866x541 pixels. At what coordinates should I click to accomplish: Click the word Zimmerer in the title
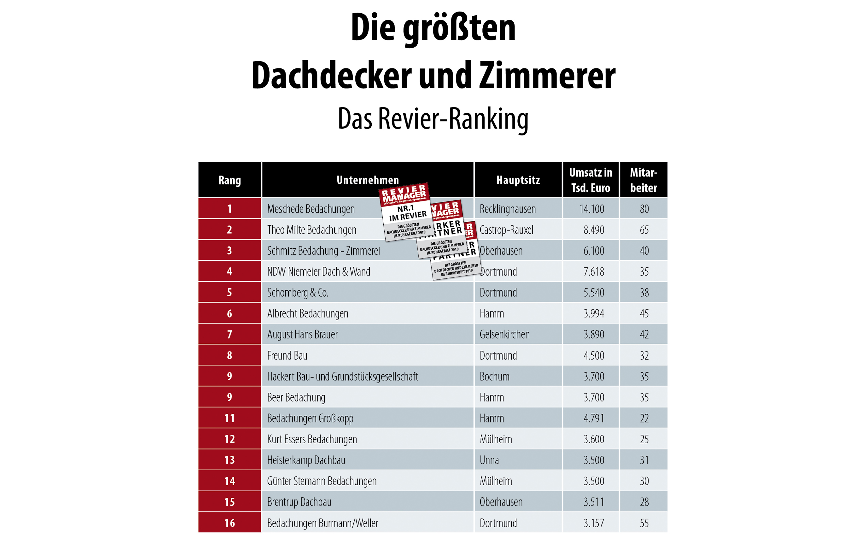click(547, 76)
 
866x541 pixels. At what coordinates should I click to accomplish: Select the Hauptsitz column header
click(518, 180)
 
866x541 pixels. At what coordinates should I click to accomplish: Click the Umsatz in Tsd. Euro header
click(591, 180)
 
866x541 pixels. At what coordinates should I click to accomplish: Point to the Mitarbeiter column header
click(643, 180)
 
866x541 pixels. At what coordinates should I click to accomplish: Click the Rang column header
click(229, 180)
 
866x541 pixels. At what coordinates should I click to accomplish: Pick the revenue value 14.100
click(592, 209)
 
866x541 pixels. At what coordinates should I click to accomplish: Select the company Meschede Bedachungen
click(310, 209)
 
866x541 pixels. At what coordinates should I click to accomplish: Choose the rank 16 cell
click(229, 523)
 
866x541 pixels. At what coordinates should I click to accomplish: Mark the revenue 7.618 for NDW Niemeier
click(594, 272)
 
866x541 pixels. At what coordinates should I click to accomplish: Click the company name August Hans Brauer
click(302, 334)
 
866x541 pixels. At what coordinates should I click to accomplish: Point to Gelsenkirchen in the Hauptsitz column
click(504, 334)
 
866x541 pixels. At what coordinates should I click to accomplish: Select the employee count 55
click(644, 523)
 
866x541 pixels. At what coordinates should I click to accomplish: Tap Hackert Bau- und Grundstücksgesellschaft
click(342, 376)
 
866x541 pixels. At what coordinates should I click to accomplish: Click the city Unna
click(489, 460)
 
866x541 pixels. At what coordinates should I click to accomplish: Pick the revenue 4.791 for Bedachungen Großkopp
click(594, 418)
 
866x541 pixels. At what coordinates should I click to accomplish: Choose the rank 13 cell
click(229, 460)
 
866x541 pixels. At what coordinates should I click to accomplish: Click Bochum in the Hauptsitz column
click(495, 376)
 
